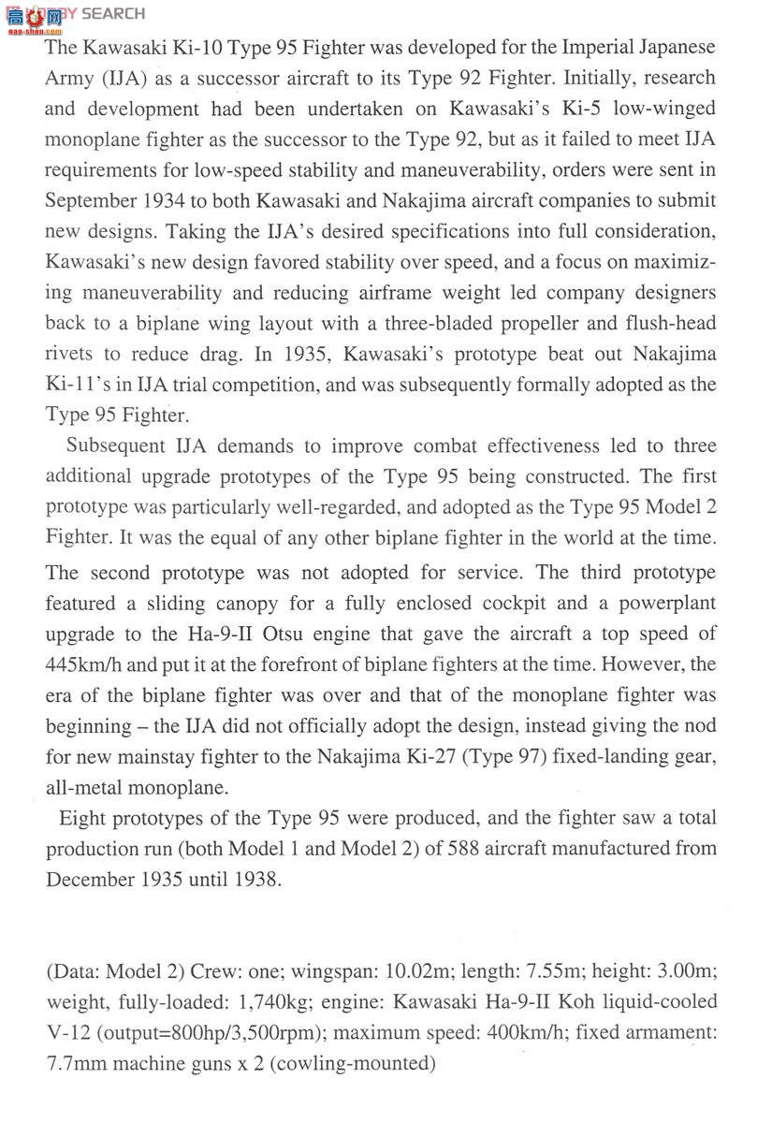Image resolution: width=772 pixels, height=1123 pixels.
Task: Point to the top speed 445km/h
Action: pos(90,664)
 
